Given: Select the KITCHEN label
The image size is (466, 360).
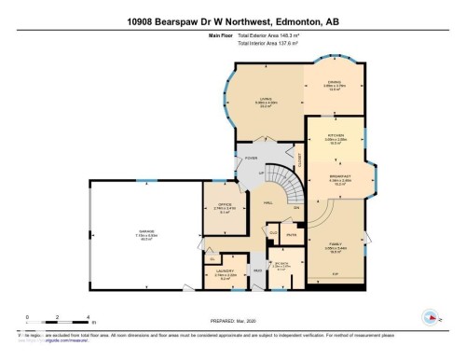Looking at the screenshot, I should (x=335, y=136).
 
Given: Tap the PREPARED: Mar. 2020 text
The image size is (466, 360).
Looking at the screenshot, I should (x=232, y=323).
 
